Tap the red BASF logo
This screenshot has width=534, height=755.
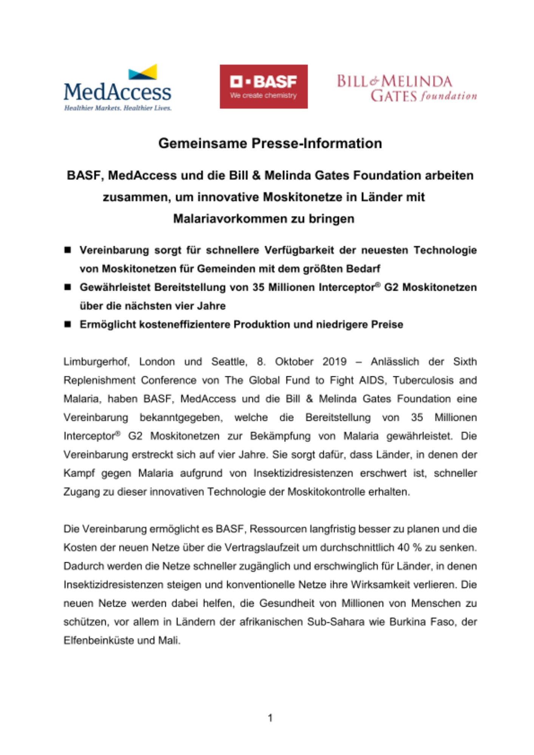264,86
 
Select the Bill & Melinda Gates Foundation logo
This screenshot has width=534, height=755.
406,88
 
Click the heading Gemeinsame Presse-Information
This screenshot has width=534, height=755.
270,143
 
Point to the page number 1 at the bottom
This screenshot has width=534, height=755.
270,718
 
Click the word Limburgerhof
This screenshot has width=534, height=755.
96,362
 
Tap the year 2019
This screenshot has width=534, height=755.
334,362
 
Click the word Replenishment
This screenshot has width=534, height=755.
99,380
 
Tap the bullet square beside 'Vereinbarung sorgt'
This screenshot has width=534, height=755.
68,250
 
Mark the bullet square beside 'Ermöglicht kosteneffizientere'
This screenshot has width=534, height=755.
68,324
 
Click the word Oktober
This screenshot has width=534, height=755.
294,362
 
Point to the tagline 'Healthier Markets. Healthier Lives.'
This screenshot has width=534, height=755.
117,108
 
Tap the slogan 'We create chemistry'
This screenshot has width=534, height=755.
264,96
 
